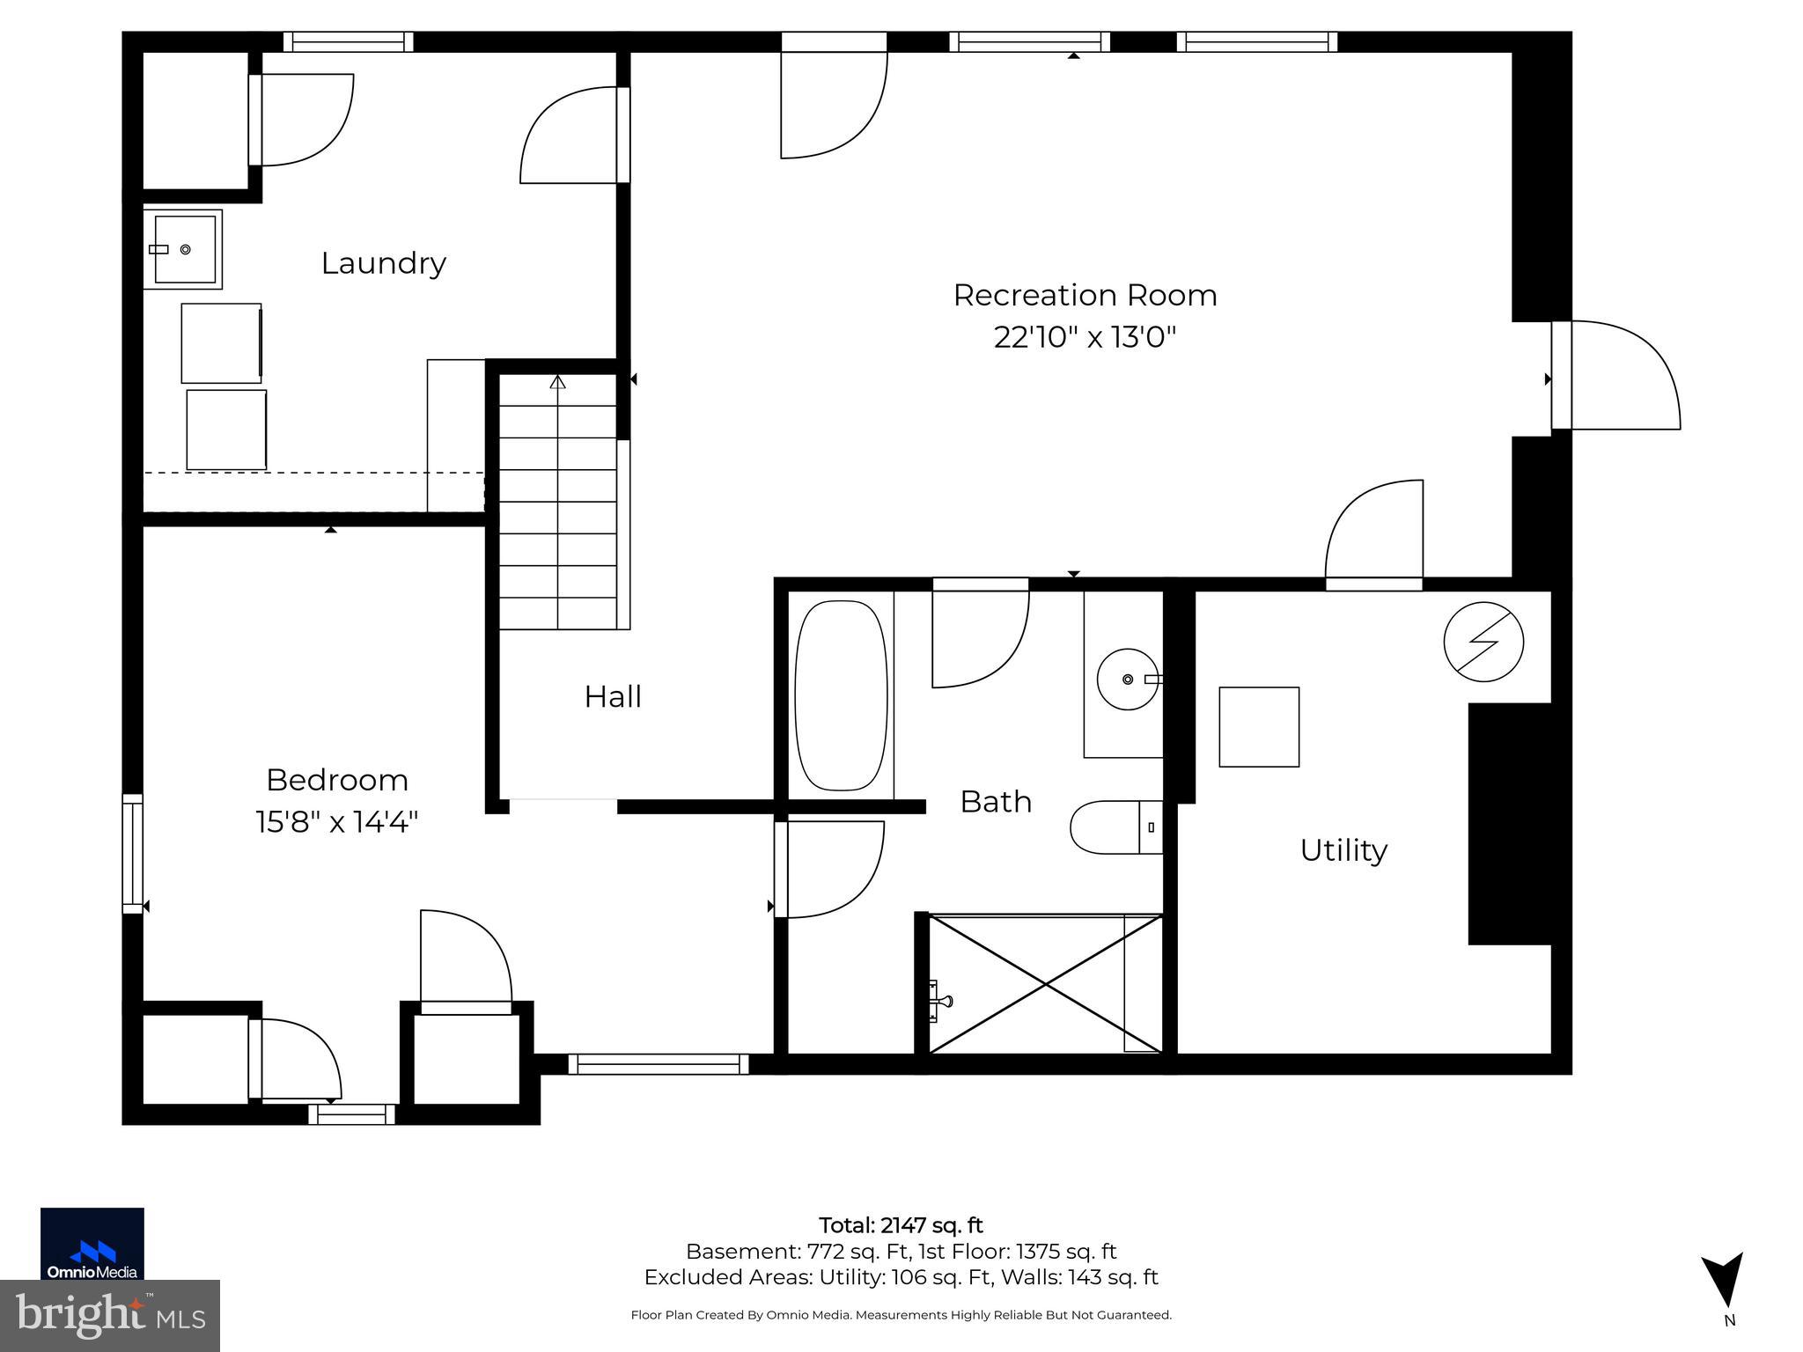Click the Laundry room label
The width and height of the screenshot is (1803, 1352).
point(383,263)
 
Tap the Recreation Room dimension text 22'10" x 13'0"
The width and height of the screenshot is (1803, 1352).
point(1085,337)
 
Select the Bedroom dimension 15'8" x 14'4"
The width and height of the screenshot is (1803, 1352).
point(336,822)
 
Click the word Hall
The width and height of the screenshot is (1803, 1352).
point(613,697)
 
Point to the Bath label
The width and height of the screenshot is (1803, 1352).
point(996,802)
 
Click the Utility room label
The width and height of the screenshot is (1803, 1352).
point(1343,850)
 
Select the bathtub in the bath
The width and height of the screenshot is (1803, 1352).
point(841,695)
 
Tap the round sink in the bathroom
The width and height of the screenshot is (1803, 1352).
point(1128,680)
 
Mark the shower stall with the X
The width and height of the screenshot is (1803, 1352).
point(1045,983)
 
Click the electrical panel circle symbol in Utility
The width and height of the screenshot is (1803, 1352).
point(1483,642)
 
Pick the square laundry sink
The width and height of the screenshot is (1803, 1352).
point(183,249)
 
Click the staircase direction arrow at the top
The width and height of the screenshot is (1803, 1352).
point(557,382)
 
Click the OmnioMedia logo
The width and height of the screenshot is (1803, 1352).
point(92,1243)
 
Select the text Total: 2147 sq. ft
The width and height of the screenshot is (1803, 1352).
point(901,1225)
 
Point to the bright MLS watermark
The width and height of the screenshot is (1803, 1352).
point(109,1316)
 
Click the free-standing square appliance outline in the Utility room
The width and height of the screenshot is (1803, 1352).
point(1258,727)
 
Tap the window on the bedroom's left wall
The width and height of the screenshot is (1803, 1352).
point(132,853)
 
